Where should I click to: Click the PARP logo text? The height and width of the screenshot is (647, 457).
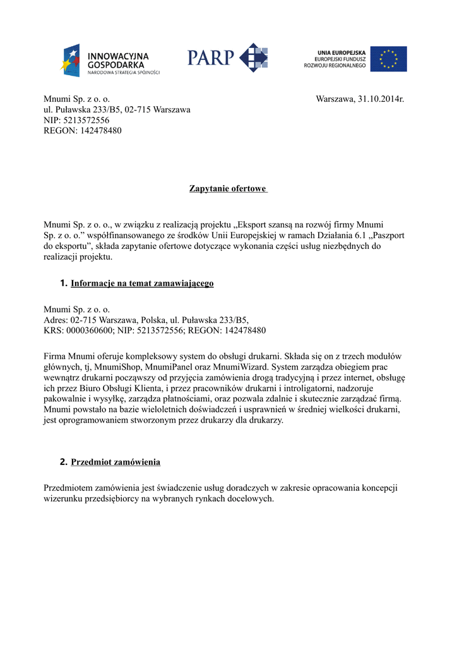click(x=210, y=58)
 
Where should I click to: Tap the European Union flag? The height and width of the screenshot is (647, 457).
click(x=388, y=59)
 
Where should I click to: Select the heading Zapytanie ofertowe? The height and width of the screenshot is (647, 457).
click(x=228, y=189)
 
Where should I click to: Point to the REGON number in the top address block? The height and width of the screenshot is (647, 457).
click(x=98, y=131)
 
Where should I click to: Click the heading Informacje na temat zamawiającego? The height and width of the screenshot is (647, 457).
click(x=142, y=283)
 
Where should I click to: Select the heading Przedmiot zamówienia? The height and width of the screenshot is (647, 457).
click(x=116, y=462)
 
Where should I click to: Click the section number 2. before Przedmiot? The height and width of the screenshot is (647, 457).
click(x=63, y=462)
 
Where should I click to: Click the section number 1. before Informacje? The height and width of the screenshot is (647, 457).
click(x=63, y=283)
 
